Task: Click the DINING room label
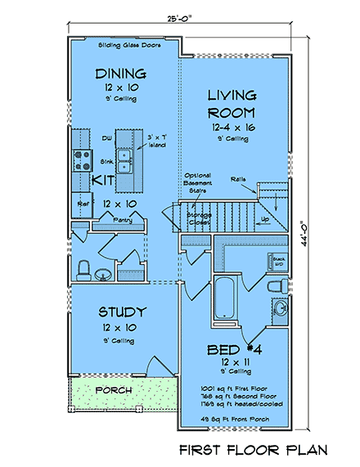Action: point(120,74)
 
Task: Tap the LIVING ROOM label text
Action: point(232,103)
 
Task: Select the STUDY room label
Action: point(122,311)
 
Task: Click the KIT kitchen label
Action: point(102,179)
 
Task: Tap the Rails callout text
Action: point(238,177)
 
